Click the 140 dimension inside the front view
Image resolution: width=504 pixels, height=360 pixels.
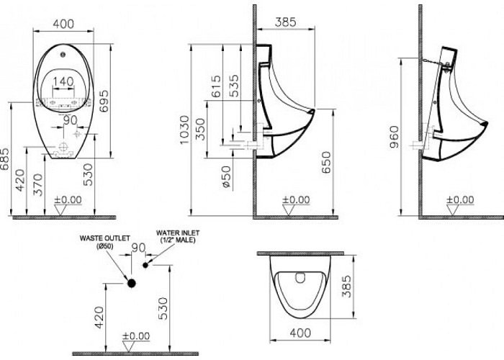[63, 81]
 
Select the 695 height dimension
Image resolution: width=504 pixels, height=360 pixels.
[104, 101]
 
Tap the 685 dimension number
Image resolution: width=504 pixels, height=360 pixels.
[4, 159]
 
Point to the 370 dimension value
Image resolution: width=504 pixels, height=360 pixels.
[38, 184]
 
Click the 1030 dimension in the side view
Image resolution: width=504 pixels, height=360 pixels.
[184, 130]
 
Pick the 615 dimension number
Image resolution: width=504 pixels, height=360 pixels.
[217, 86]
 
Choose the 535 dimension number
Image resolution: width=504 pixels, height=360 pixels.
[235, 86]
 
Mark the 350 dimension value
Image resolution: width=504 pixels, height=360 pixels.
[200, 129]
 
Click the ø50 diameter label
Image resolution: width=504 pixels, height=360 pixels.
[226, 176]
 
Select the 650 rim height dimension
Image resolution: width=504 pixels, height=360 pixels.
[326, 162]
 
